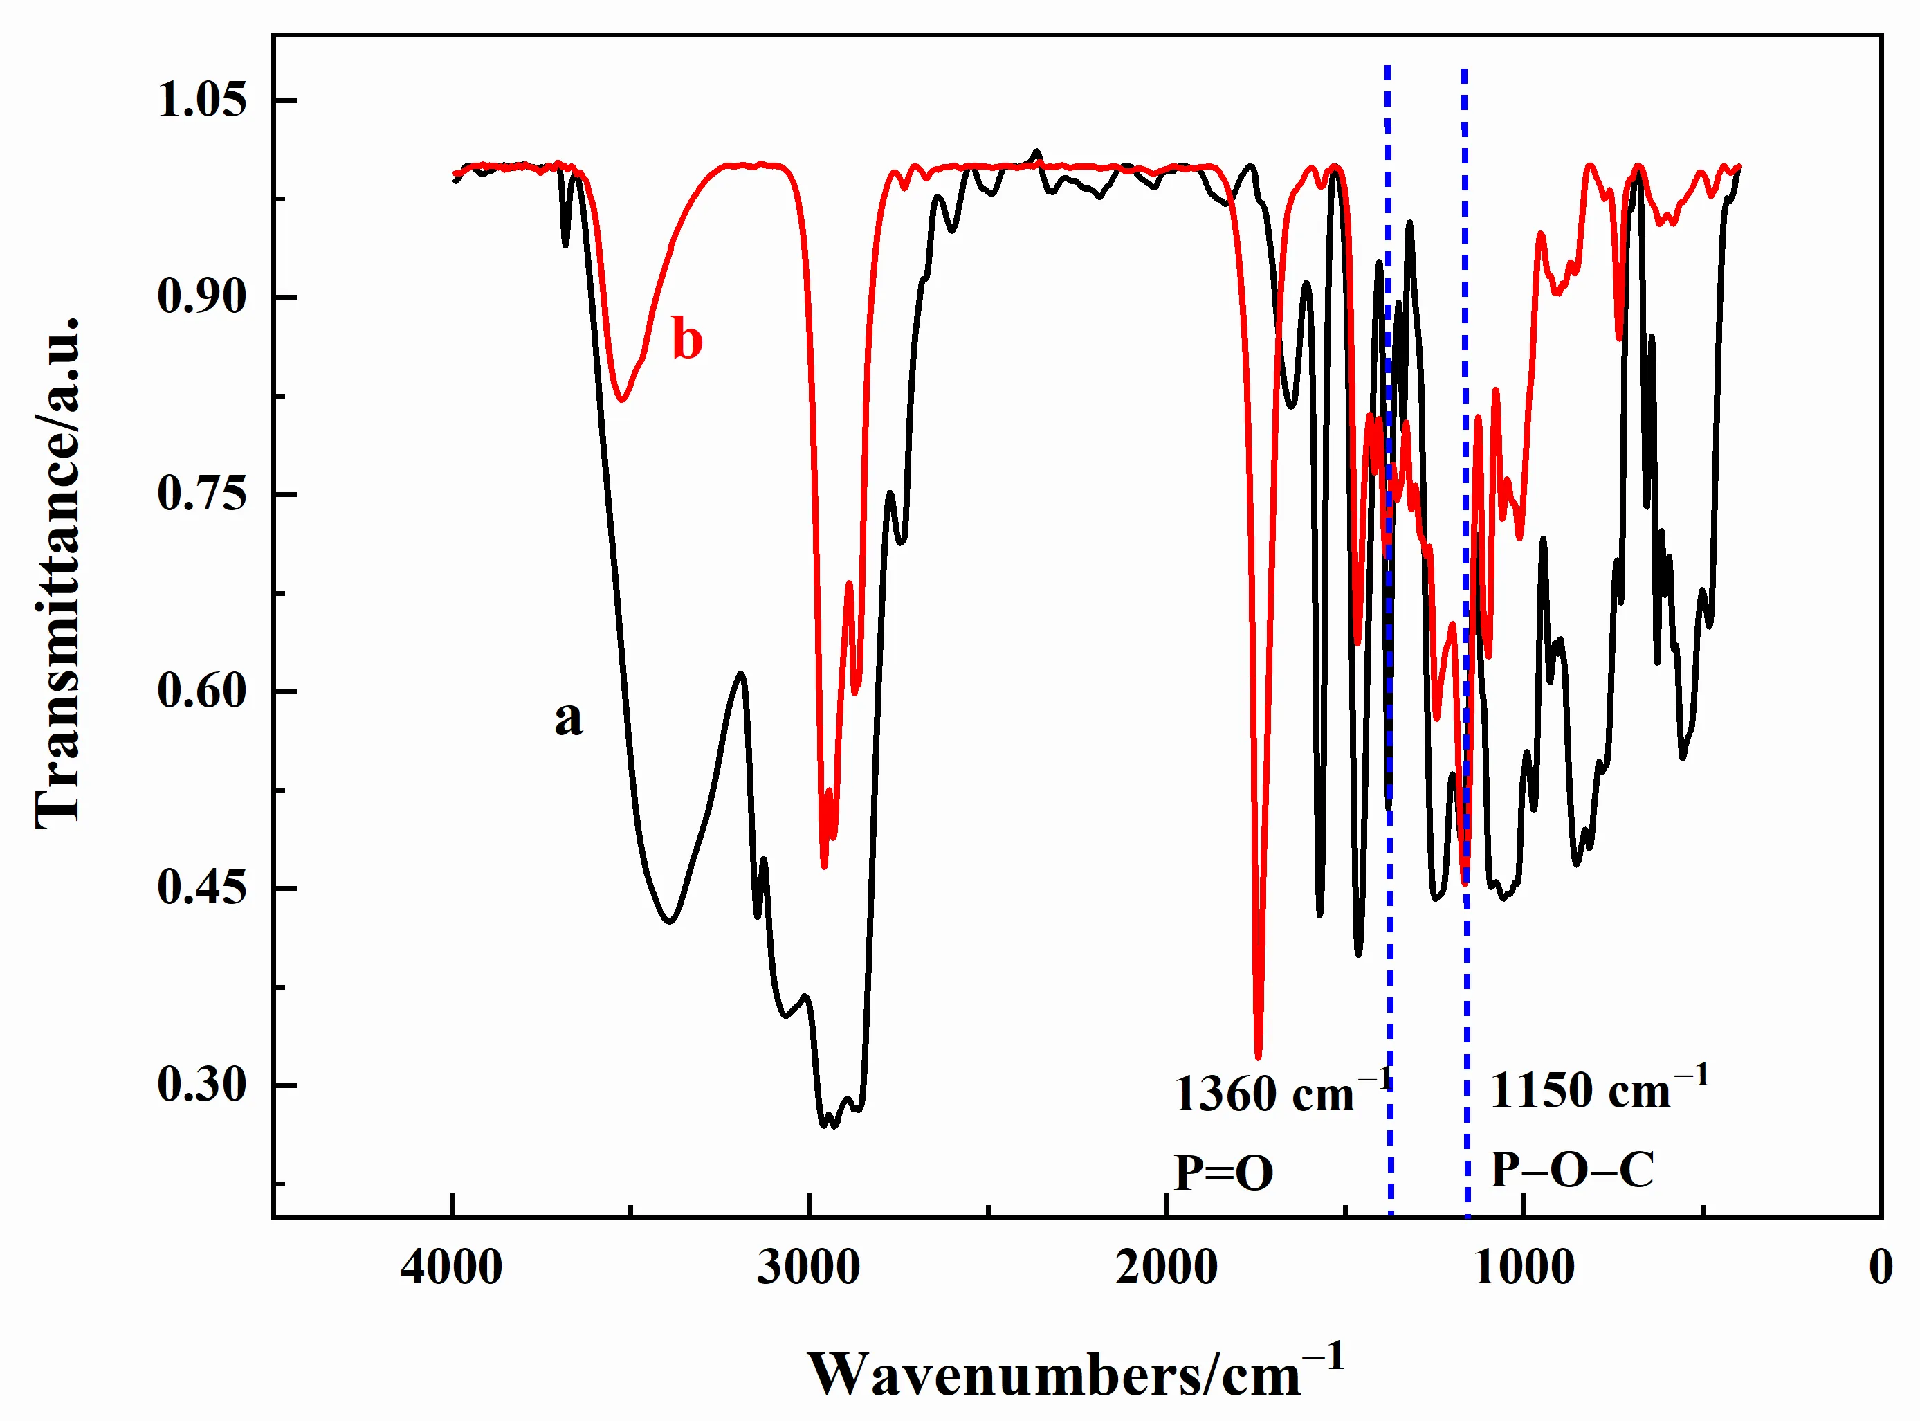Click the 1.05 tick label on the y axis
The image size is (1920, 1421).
tap(201, 100)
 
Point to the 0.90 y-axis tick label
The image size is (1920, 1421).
tap(201, 297)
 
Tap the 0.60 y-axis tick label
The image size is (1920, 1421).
tap(201, 691)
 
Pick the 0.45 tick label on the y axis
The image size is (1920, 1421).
tap(201, 888)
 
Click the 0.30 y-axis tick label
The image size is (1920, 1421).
tap(201, 1085)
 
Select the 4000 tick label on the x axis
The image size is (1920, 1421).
tap(451, 1268)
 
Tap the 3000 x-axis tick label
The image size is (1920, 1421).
tap(808, 1268)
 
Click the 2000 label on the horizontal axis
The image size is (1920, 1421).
tap(1166, 1268)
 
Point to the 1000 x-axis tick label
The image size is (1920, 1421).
tap(1524, 1268)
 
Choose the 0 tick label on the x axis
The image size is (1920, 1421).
tap(1881, 1268)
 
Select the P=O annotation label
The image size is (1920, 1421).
tap(1223, 1173)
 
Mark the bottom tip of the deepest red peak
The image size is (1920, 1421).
tap(1258, 1057)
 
